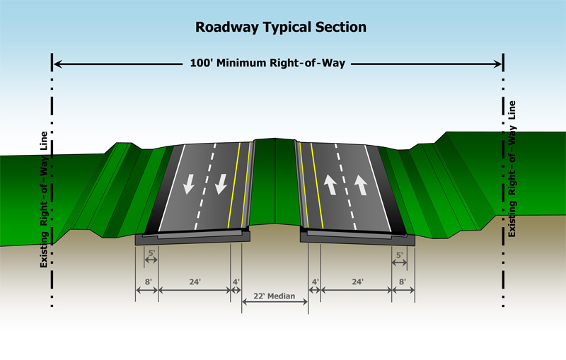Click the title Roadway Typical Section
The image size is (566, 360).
click(281, 28)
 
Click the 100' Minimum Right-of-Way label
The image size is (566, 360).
click(267, 64)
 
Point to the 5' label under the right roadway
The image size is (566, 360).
click(400, 254)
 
